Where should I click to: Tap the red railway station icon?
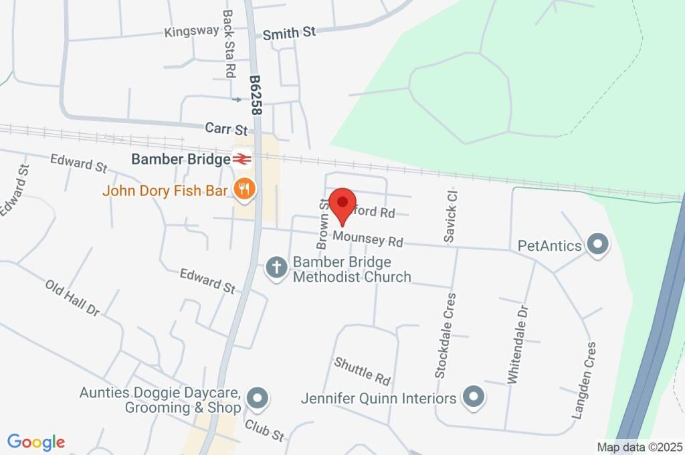pos(241,159)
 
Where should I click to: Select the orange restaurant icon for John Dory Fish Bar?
pos(244,190)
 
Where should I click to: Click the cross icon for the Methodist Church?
pos(276,268)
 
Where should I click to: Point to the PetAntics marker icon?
pos(597,245)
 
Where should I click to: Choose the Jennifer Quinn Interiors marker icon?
pos(474,397)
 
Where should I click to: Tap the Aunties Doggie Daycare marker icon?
pos(257,399)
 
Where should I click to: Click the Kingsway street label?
pos(191,31)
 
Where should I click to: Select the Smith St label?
pos(289,32)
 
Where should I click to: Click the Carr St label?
pos(227,128)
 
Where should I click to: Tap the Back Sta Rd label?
pos(228,43)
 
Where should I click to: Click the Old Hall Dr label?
pos(72,298)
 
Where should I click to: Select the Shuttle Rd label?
pos(362,371)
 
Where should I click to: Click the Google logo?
pos(36,442)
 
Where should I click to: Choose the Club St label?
pos(264,430)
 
